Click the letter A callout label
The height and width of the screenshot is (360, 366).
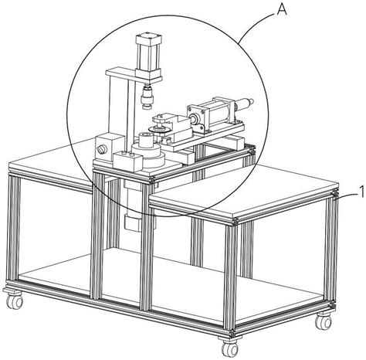click(x=282, y=10)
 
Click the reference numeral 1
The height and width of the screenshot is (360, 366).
click(x=361, y=192)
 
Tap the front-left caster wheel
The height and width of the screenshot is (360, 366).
click(x=15, y=301)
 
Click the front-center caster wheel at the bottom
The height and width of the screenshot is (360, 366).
click(x=230, y=349)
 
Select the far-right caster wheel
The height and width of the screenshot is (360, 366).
click(x=324, y=322)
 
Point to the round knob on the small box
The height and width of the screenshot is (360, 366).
click(x=100, y=149)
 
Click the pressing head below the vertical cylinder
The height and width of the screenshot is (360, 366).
click(x=147, y=97)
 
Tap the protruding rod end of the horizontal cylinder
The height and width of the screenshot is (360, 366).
click(x=245, y=104)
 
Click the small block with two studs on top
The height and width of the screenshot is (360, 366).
click(x=127, y=161)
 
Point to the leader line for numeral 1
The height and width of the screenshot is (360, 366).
click(x=346, y=196)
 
